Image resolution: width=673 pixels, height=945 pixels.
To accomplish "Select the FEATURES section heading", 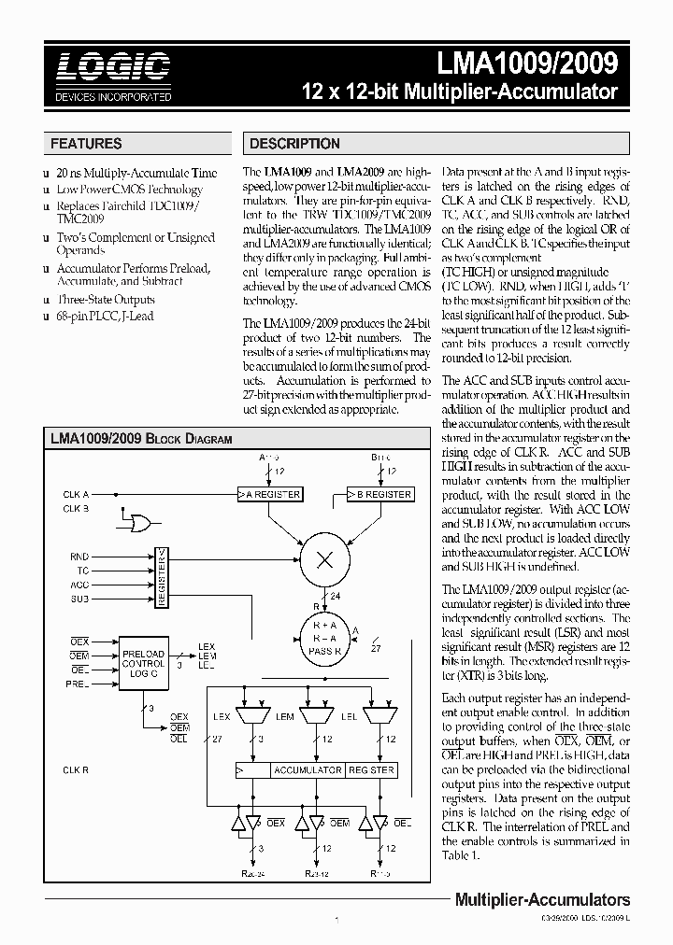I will pyautogui.click(x=86, y=144).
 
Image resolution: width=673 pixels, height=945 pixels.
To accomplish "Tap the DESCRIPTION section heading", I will pyautogui.click(x=294, y=144).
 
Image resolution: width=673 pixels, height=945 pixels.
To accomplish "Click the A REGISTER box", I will pyautogui.click(x=269, y=494).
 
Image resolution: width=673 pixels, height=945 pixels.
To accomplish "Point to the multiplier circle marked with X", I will pyautogui.click(x=325, y=559).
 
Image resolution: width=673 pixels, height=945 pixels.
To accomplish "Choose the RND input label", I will pyautogui.click(x=79, y=557).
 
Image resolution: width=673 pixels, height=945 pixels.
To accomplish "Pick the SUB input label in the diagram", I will pyautogui.click(x=79, y=598).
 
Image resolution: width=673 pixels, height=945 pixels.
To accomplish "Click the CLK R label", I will pyautogui.click(x=76, y=770).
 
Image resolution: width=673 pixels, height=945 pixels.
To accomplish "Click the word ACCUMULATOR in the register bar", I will pyautogui.click(x=307, y=770).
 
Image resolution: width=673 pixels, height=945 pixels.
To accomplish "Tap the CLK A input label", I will pyautogui.click(x=76, y=494).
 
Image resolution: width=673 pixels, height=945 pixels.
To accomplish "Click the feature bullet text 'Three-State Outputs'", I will pyautogui.click(x=105, y=300).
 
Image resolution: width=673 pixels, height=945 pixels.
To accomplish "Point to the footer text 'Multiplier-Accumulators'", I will pyautogui.click(x=541, y=900).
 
